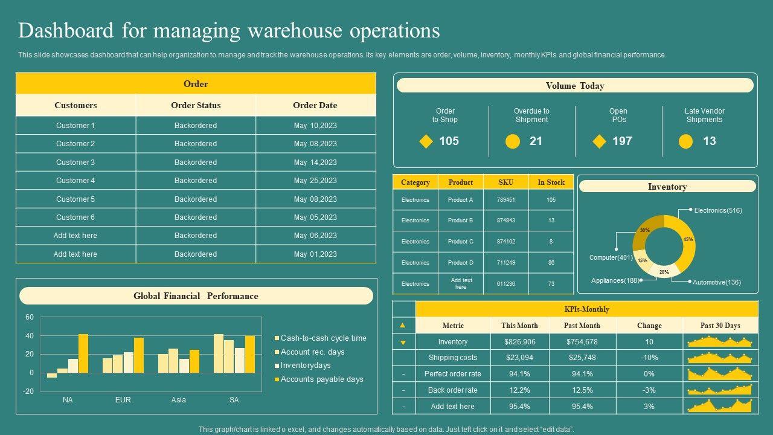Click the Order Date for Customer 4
(x=315, y=181)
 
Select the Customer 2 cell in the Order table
(x=75, y=144)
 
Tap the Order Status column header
(x=196, y=105)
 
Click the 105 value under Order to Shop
(x=449, y=141)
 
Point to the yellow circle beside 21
(x=513, y=141)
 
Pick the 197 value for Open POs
(x=622, y=141)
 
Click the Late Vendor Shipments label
(x=704, y=115)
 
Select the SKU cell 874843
(x=506, y=221)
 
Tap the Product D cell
(x=461, y=263)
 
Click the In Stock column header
(x=551, y=182)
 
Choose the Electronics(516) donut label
(x=718, y=211)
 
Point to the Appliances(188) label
(x=615, y=280)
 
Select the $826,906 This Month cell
(x=519, y=342)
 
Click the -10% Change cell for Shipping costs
(x=649, y=358)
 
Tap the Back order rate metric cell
(x=453, y=390)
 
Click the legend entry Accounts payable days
(x=322, y=379)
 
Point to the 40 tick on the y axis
(x=30, y=336)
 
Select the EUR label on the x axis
(x=123, y=400)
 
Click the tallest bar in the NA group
(x=83, y=353)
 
